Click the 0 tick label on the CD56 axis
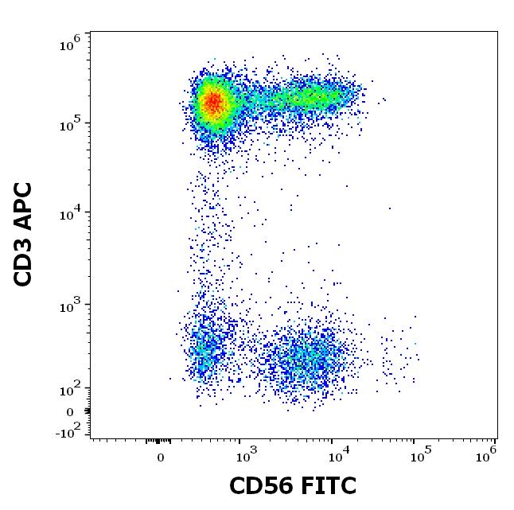(161, 457)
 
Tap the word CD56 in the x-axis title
(257, 486)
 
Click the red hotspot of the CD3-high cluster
(212, 102)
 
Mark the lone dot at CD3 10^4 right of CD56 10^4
(390, 208)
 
